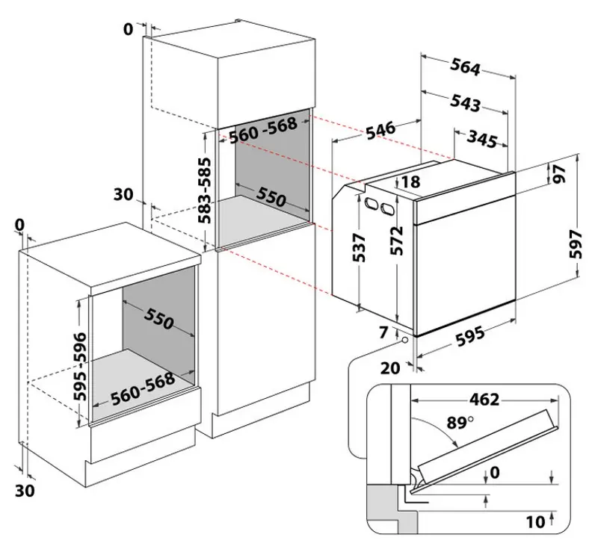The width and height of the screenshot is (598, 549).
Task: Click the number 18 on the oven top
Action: (410, 182)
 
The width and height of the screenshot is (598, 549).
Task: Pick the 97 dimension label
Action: (559, 174)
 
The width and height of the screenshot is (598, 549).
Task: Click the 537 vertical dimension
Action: (360, 246)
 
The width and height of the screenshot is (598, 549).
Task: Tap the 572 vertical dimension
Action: (398, 241)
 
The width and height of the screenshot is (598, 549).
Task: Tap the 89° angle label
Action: (457, 423)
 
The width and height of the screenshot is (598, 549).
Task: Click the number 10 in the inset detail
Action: (535, 521)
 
